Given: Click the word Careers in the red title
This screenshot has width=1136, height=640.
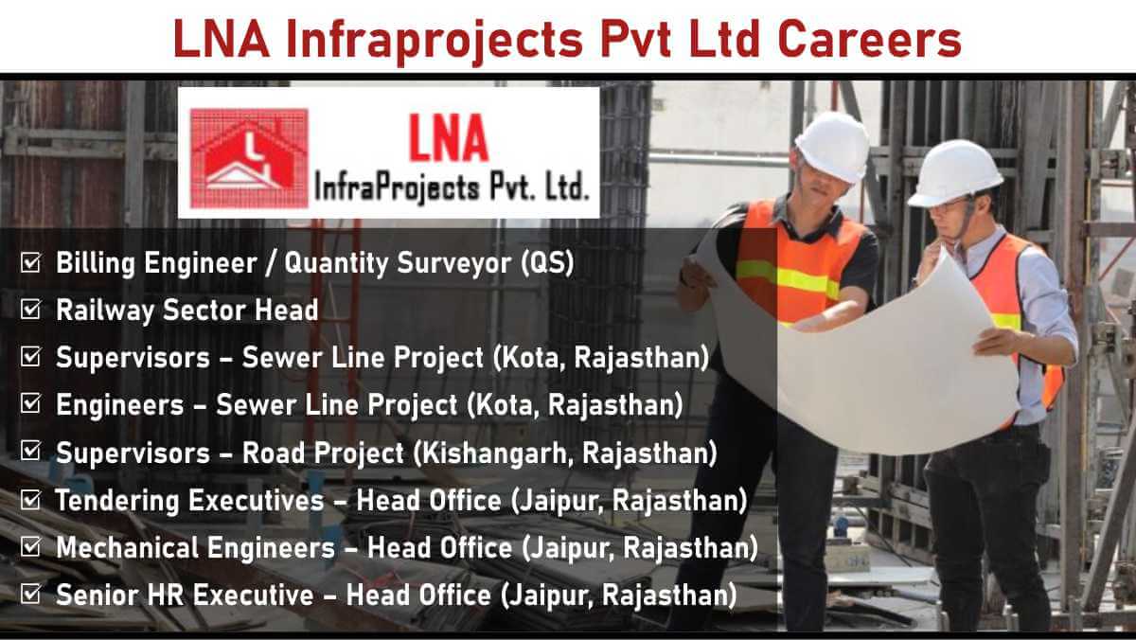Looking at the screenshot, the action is coord(869,40).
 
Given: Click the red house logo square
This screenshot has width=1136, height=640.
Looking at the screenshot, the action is coord(249,158).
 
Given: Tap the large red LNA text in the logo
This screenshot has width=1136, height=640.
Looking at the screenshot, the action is coord(449,138).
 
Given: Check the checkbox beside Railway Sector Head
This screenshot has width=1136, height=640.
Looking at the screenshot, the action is coord(30,309).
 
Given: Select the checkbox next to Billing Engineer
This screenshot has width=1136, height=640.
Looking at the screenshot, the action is coord(30,262).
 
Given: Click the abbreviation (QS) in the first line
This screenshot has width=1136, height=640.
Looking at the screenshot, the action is coord(548,263).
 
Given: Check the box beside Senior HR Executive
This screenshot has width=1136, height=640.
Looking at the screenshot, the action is coord(30,594).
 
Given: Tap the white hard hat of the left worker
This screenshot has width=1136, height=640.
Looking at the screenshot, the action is coord(832,146).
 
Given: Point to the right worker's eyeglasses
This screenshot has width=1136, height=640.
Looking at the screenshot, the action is coord(948,206).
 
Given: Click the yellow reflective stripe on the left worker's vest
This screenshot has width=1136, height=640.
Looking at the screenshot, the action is coord(787,277).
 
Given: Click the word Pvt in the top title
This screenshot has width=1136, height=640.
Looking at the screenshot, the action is coord(636,40).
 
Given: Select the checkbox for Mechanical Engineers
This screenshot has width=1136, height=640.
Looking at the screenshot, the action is coord(30,546).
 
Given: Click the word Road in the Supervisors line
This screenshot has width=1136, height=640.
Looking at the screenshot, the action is coord(273,453).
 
